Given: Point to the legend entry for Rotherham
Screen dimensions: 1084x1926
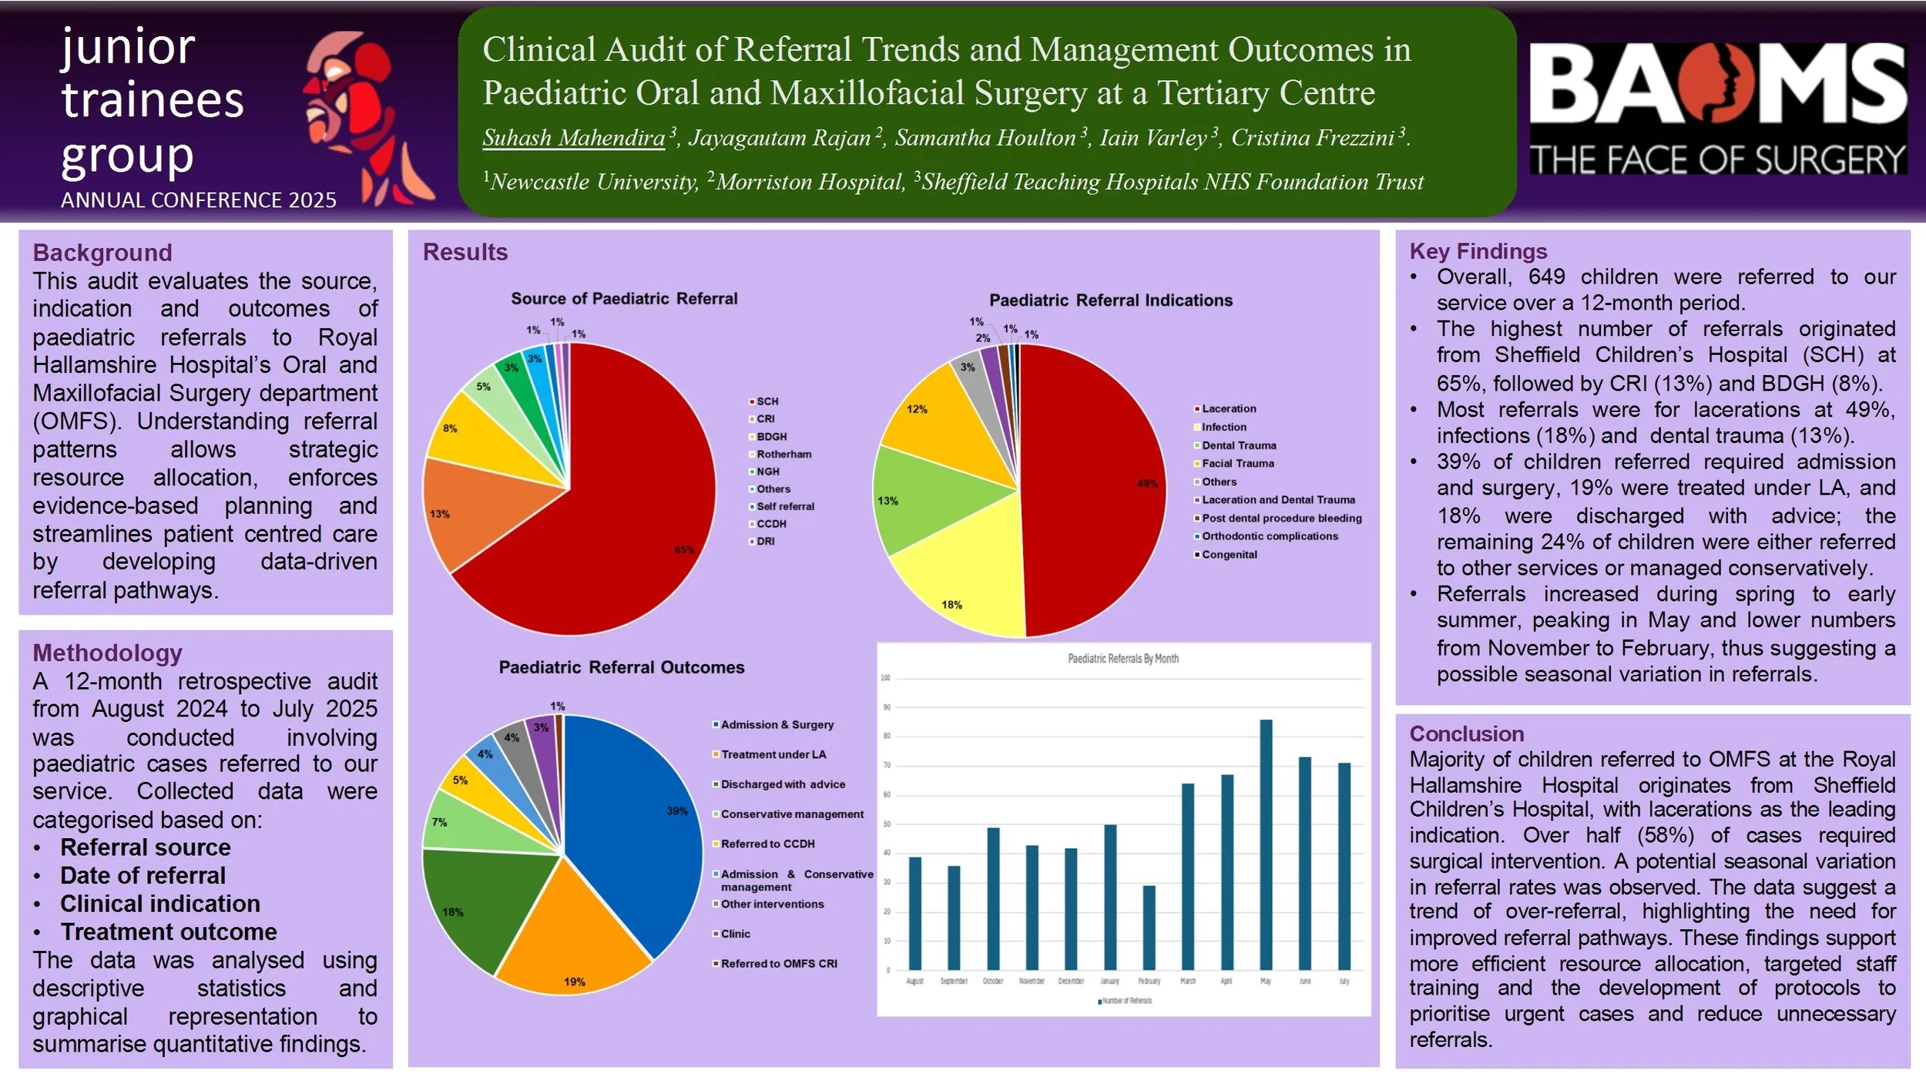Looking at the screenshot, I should coord(783,454).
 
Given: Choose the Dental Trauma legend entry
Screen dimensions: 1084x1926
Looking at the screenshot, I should coord(1239,445).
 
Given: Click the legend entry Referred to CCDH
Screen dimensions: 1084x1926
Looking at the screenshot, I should coord(767,844).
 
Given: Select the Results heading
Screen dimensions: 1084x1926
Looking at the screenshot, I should coord(465,252).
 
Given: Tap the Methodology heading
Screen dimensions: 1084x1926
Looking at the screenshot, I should coord(107,653).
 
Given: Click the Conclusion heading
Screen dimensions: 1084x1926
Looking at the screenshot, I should coord(1466,733).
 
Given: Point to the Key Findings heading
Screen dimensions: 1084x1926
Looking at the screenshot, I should coord(1478,251).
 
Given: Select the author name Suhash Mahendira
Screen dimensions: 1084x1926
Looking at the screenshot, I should coord(573,138).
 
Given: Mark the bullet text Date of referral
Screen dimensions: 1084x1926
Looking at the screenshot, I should coord(143,875).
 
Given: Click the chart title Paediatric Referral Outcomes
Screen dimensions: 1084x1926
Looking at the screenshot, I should coord(621,667).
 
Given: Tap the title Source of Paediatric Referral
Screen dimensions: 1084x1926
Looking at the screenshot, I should coord(624,298).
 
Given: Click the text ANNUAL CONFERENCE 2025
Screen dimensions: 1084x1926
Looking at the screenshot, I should coord(198,200).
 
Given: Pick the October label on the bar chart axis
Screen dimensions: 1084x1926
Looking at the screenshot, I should coord(993,981).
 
